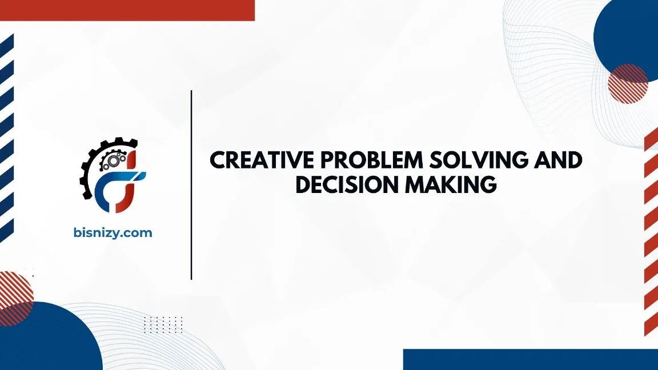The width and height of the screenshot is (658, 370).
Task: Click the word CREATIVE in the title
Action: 255,160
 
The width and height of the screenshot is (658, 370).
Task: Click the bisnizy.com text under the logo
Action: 113,232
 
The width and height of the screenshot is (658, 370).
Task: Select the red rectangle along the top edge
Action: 127,10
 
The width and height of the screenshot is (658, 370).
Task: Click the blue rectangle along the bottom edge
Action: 530,359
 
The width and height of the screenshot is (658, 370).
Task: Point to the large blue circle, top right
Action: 628,34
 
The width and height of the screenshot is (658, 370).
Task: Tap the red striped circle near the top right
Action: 627,84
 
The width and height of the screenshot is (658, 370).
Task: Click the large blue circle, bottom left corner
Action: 46,340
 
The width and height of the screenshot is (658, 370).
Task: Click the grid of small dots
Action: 163,324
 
